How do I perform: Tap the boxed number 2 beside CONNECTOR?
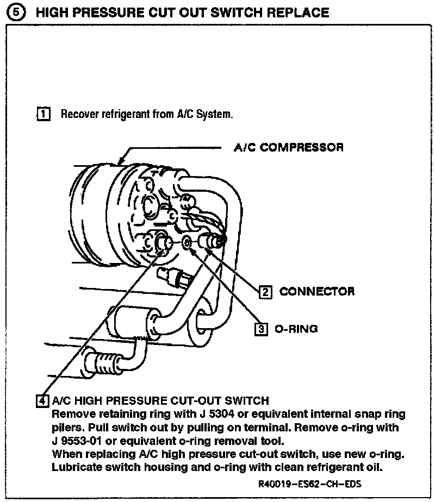click(x=265, y=292)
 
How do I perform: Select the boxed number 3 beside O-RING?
click(x=261, y=329)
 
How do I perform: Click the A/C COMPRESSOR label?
click(x=288, y=147)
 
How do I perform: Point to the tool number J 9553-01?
click(x=77, y=440)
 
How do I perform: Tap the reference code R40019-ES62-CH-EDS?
click(x=310, y=484)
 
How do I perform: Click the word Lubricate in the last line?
click(x=77, y=466)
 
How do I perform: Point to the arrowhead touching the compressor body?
click(x=121, y=161)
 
